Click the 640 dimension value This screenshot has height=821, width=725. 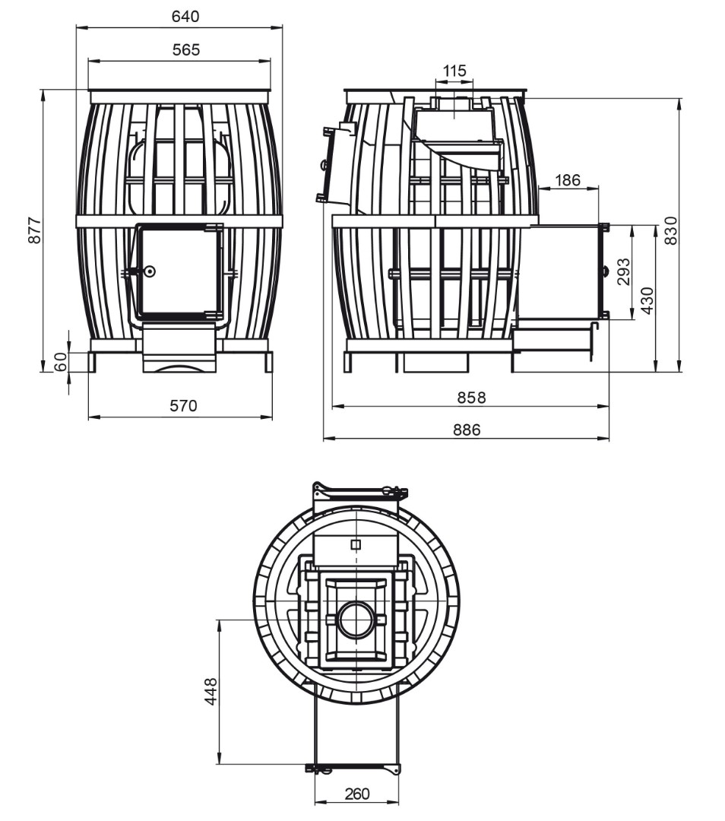tap(186, 16)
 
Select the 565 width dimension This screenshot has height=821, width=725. tap(186, 49)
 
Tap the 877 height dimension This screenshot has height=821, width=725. tap(34, 230)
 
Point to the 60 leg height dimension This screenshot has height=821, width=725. tap(62, 362)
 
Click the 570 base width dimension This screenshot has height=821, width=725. tap(183, 405)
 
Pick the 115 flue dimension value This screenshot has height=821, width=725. tap(454, 71)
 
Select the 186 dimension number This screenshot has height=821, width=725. tap(568, 180)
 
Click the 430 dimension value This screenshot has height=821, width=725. tap(647, 300)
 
